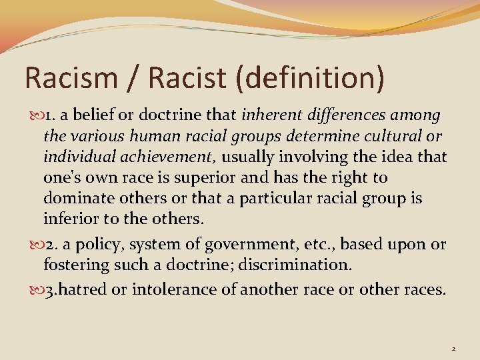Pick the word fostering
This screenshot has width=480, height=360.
pos(75,265)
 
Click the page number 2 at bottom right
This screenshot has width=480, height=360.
pos(453,348)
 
